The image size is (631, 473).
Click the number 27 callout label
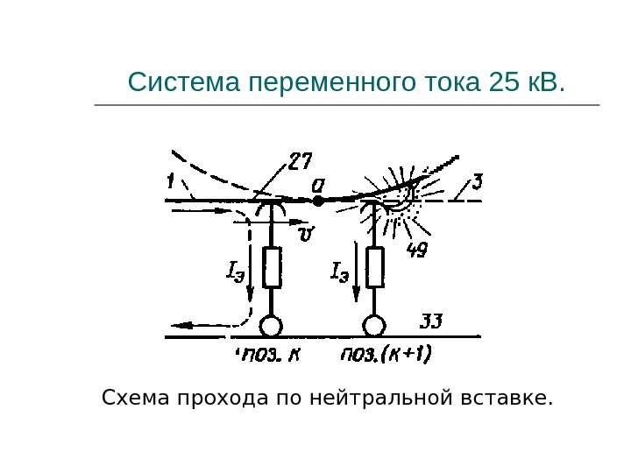coord(301,163)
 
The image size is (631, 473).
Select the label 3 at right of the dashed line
coord(477,182)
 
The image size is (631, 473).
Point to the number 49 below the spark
coord(417,251)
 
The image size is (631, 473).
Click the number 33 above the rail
coord(432,321)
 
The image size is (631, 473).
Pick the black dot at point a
coord(318,201)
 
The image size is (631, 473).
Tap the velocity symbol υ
coord(306,233)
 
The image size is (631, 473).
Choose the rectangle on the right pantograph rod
coord(375,267)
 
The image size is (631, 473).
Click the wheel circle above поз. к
coord(272,327)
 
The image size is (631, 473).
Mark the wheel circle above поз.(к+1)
coord(375,327)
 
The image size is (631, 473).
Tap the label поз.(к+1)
coord(386,355)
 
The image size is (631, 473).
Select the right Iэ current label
coord(340,272)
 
